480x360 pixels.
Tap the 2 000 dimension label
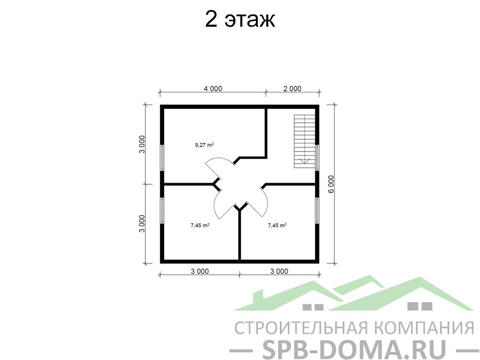(292, 89)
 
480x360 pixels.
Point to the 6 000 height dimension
(331, 184)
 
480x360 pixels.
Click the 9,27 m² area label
(204, 145)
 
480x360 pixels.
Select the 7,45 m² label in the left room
(200, 225)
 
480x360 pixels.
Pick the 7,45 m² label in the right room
(277, 225)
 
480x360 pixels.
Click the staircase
(305, 141)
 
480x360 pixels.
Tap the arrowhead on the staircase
(305, 161)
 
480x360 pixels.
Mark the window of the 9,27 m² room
(162, 157)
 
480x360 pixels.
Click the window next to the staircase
(317, 157)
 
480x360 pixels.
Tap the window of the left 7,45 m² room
(162, 210)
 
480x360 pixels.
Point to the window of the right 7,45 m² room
(317, 210)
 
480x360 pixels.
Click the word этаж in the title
(250, 20)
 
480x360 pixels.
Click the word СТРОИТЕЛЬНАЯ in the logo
(301, 328)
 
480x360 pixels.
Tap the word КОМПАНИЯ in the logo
(425, 328)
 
